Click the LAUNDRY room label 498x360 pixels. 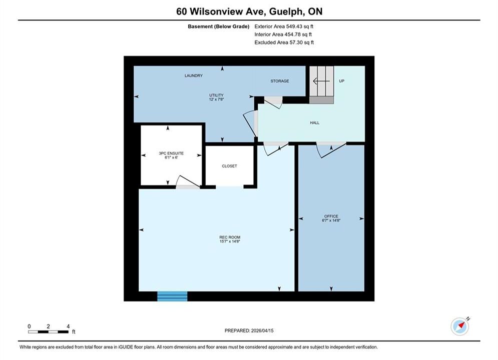[193, 75]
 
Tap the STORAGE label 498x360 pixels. [280, 81]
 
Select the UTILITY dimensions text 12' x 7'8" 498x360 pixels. [216, 99]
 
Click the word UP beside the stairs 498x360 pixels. [341, 81]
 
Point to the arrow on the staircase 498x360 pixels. [321, 81]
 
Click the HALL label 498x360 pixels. [315, 122]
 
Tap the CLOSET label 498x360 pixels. [229, 166]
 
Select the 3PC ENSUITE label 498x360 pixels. [171, 153]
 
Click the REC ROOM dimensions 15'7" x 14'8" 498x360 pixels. [230, 241]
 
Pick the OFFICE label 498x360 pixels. [331, 216]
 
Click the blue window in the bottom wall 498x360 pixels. [173, 296]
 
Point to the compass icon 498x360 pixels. [460, 326]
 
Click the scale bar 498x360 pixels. [48, 332]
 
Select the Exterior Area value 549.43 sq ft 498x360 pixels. [300, 26]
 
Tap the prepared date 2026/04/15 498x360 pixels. [262, 330]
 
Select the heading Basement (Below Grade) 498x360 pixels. [219, 26]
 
